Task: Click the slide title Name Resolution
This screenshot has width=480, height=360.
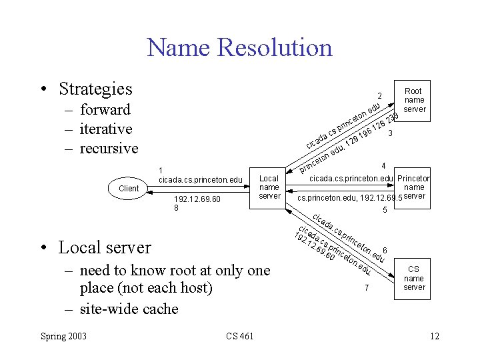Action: (x=239, y=48)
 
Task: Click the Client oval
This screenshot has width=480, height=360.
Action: (x=129, y=189)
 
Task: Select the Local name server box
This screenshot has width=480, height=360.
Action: (x=269, y=187)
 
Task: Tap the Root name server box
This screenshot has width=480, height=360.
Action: (x=413, y=100)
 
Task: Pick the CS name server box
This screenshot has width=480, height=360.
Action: (x=413, y=279)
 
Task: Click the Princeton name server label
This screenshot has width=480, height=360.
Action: (x=414, y=187)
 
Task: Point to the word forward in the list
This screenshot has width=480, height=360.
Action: (x=105, y=110)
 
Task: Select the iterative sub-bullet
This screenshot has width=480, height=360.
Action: (x=105, y=129)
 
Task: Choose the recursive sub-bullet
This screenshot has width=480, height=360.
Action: (x=109, y=148)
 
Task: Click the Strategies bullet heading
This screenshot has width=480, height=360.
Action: (x=95, y=89)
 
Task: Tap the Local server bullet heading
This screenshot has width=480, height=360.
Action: (x=105, y=247)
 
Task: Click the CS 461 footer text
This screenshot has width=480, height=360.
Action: (x=240, y=335)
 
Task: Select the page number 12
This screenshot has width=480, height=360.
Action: (x=434, y=335)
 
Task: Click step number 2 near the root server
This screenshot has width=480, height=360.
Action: (x=379, y=96)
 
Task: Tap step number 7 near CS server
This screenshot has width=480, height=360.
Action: (x=366, y=288)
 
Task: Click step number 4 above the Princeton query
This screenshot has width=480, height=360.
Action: (x=383, y=166)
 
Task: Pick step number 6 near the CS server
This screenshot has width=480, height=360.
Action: (x=385, y=251)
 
